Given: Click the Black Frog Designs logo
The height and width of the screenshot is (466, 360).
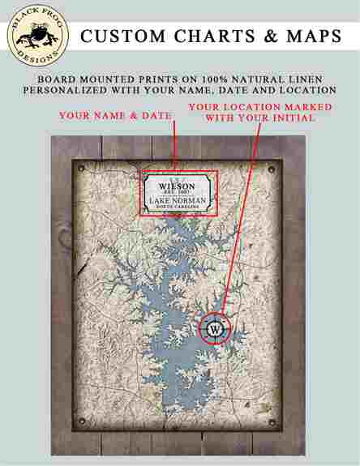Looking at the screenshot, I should coord(39,36).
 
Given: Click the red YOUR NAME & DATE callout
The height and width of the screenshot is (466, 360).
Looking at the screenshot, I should coord(114,116).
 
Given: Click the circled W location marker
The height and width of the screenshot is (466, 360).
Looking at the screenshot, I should coord(216,330).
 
